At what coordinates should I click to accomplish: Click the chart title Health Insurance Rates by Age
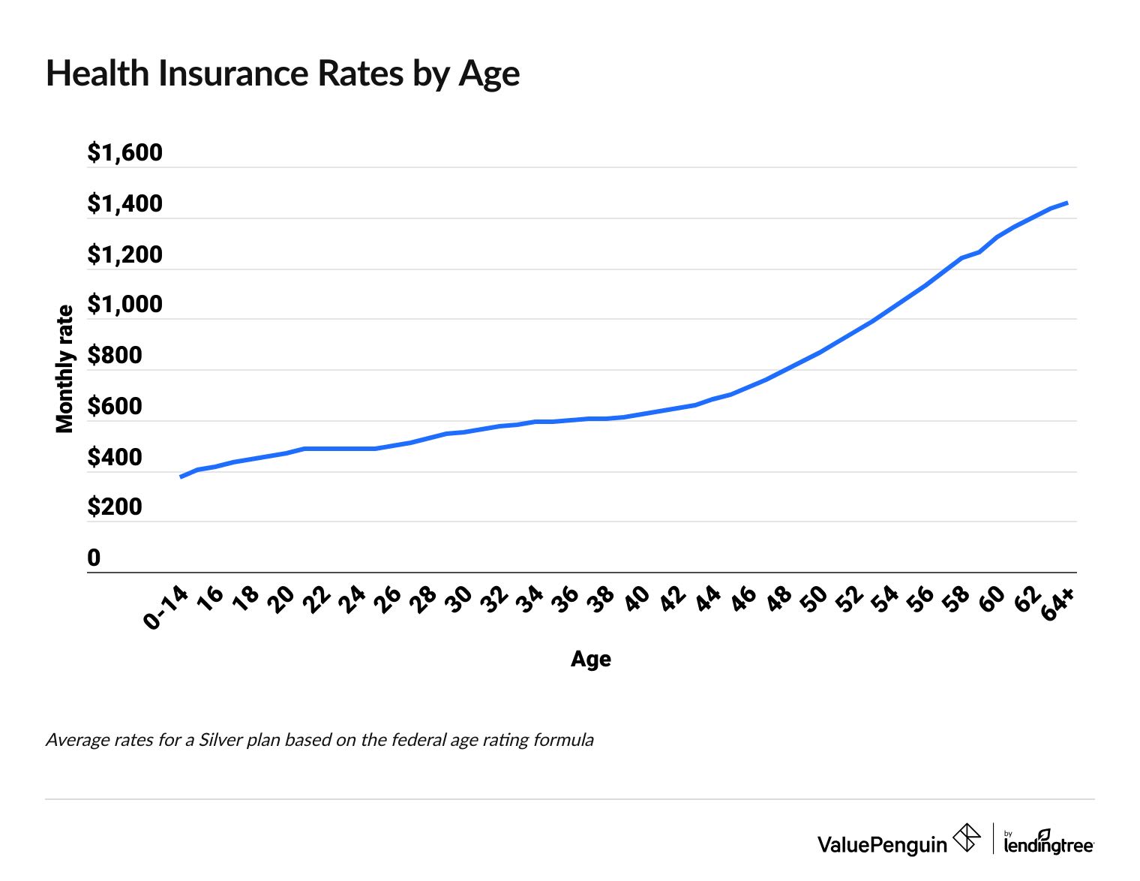[x=282, y=74]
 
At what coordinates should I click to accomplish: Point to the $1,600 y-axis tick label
[x=124, y=152]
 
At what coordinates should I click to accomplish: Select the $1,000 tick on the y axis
[x=124, y=305]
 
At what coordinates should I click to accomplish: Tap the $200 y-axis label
[x=114, y=507]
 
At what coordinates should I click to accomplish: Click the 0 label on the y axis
[x=94, y=558]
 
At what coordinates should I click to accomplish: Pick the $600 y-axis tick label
[x=114, y=407]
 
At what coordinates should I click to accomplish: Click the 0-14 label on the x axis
[x=166, y=608]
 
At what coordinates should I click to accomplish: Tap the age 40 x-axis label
[x=637, y=600]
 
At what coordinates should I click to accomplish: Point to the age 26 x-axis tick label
[x=388, y=600]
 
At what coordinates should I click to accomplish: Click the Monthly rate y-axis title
[x=65, y=369]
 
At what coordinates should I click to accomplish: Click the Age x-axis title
[x=590, y=660]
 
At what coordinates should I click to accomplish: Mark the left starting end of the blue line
[x=181, y=477]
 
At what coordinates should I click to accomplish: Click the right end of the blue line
[x=1066, y=203]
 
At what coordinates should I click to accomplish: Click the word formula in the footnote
[x=563, y=741]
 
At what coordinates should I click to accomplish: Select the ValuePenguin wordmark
[x=882, y=845]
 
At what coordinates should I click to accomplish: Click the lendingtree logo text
[x=1048, y=846]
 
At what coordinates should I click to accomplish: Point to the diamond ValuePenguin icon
[x=966, y=837]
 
